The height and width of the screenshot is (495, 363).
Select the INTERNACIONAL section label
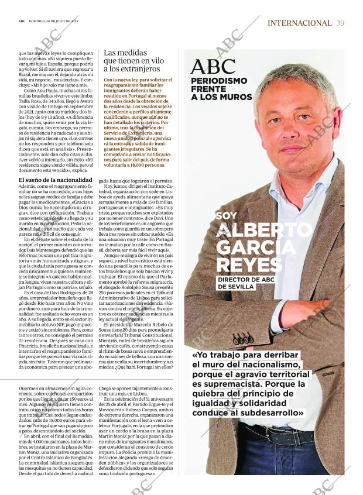299,23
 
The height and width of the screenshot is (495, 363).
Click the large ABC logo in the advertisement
213,67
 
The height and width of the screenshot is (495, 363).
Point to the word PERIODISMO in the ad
219,81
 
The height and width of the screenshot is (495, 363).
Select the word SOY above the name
226,215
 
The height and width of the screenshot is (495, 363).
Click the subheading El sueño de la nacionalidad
56,180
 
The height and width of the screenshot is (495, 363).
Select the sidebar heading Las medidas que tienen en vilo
133,60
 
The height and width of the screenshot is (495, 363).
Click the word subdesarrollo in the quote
268,413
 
